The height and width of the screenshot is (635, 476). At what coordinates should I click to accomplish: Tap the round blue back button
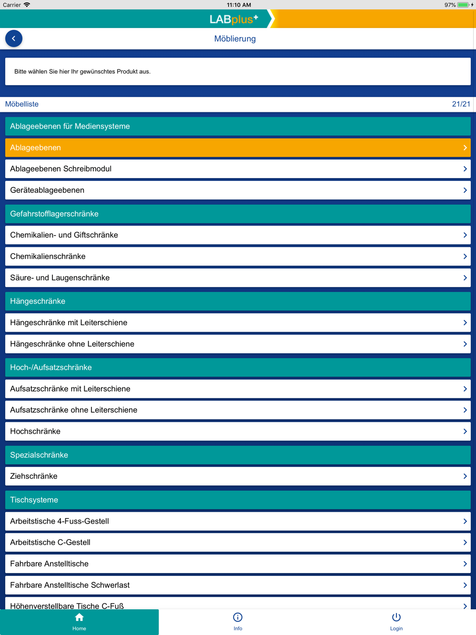(14, 39)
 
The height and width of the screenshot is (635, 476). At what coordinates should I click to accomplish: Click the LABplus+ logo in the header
(234, 20)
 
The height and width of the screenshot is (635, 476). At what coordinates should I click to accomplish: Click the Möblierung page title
(235, 39)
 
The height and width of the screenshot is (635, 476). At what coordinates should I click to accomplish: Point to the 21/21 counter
(461, 104)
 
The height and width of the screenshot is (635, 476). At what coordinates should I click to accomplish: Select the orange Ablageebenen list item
(238, 148)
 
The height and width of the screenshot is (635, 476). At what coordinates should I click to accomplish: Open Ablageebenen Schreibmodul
(238, 169)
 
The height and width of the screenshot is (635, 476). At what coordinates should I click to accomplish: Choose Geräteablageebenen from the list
(238, 190)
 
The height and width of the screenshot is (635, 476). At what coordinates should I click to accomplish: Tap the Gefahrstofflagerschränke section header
(238, 214)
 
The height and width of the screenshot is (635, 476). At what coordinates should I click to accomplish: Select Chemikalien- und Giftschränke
(238, 235)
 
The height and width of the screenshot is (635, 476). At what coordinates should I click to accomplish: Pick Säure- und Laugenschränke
(238, 278)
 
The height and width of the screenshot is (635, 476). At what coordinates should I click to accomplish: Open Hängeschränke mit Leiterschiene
(238, 323)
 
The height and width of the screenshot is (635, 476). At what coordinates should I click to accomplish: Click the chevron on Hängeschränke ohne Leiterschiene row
(465, 344)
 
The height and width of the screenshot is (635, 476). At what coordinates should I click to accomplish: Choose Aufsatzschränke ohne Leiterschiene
(238, 410)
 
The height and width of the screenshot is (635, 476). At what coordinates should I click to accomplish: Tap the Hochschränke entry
(238, 431)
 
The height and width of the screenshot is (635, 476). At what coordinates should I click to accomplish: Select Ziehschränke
(238, 476)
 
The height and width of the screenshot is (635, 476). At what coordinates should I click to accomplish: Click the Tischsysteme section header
(238, 500)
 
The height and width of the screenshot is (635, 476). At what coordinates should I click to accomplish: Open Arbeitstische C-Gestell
(238, 543)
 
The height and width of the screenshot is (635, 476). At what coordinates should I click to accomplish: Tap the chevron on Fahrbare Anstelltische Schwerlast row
(465, 585)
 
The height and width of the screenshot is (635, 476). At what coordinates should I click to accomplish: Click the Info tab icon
(238, 618)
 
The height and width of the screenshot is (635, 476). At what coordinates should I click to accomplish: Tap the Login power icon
(396, 618)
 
